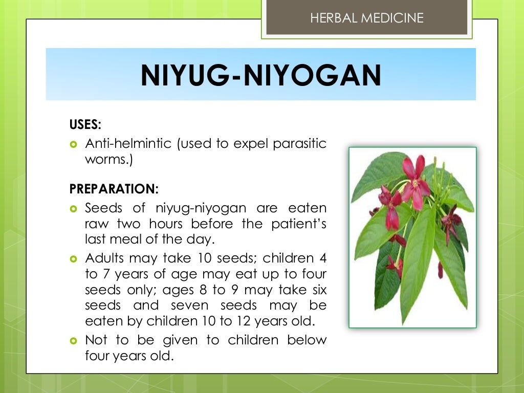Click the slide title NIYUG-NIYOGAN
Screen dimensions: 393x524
click(x=261, y=75)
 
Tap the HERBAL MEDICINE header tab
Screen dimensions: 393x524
click(x=367, y=18)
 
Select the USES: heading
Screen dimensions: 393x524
click(x=85, y=124)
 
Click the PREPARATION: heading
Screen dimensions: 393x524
click(x=114, y=188)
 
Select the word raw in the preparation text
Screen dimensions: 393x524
click(x=96, y=224)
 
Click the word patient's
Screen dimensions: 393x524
click(x=298, y=224)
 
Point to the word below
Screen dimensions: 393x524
click(x=307, y=340)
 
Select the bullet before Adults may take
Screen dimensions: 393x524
click(x=73, y=258)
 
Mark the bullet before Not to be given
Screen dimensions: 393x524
click(x=73, y=340)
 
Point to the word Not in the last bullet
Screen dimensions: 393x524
click(x=97, y=340)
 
